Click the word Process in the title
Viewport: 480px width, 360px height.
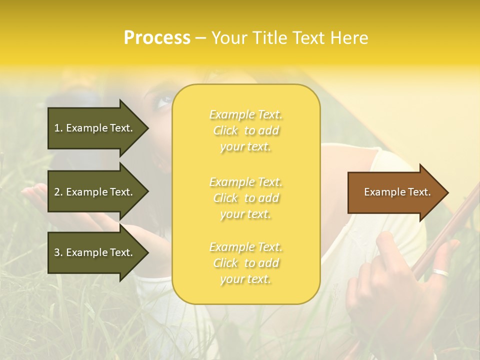coord(157,37)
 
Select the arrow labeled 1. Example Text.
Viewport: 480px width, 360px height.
coord(95,128)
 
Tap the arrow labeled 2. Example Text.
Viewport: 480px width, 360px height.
coord(95,192)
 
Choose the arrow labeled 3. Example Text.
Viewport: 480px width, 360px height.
coord(95,252)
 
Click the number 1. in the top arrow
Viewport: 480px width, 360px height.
coord(58,128)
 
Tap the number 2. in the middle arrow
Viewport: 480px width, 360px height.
coord(58,192)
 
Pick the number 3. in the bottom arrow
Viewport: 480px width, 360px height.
coord(58,252)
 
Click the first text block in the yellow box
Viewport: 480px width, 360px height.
coord(245,130)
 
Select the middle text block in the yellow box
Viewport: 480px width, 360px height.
coord(245,198)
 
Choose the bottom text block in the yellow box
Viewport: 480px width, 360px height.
coord(245,263)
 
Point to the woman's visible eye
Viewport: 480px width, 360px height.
coord(163,102)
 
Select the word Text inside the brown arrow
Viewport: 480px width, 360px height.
coord(419,192)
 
